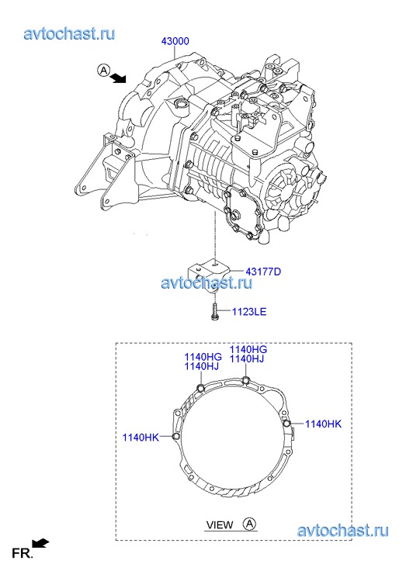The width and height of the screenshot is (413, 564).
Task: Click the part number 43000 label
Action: pyautogui.click(x=175, y=41)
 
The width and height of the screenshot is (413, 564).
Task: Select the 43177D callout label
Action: pyautogui.click(x=263, y=272)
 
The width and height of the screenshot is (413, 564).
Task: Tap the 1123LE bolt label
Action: pyautogui.click(x=248, y=312)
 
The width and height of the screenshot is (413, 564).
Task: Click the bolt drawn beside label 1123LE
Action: pyautogui.click(x=215, y=312)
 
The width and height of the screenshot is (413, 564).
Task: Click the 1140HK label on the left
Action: pyautogui.click(x=141, y=438)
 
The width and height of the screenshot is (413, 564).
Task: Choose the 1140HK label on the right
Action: pyautogui.click(x=324, y=424)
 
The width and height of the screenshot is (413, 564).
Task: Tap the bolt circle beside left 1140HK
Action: pyautogui.click(x=176, y=437)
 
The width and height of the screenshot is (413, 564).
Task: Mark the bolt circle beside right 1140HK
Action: pyautogui.click(x=286, y=424)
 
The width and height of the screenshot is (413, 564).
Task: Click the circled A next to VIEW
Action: pyautogui.click(x=249, y=524)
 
